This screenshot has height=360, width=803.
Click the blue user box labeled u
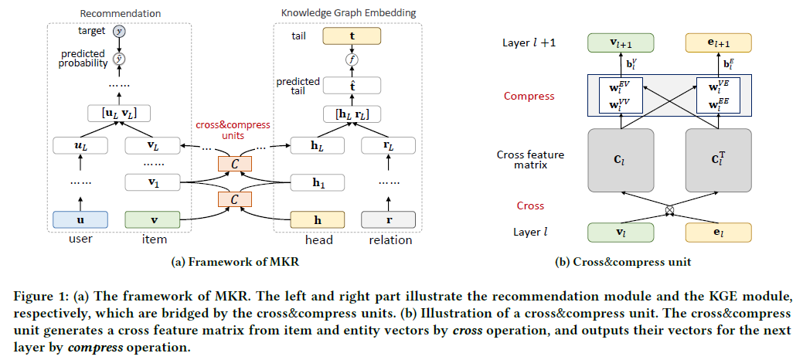80,219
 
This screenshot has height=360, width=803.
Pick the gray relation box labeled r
388,219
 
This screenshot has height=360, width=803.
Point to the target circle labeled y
118,32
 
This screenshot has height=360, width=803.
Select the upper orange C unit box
234,165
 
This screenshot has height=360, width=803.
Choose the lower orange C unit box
234,200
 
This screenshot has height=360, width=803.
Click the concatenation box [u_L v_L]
118,114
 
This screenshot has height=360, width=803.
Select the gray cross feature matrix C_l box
621,161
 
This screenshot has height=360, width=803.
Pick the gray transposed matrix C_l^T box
719,161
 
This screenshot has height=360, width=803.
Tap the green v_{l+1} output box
621,42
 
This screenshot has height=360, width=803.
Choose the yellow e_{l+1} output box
719,42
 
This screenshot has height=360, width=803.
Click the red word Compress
529,97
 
